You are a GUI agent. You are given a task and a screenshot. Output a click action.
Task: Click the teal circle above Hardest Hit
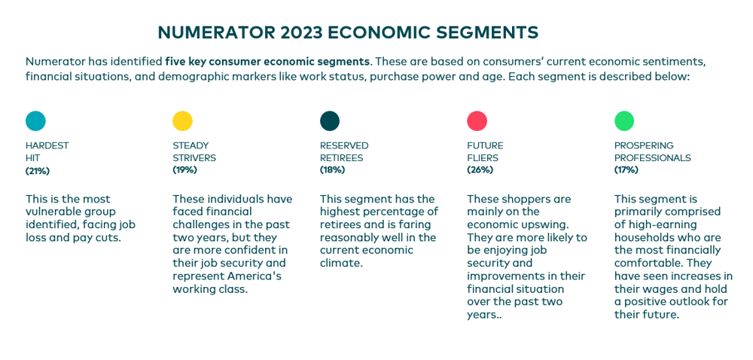click(35, 121)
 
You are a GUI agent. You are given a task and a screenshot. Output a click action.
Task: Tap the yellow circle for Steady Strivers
click(182, 121)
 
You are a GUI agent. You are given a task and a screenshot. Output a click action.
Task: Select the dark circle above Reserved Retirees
click(330, 121)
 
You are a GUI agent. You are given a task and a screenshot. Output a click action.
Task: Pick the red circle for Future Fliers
click(477, 121)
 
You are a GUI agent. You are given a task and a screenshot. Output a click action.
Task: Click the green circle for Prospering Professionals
click(624, 121)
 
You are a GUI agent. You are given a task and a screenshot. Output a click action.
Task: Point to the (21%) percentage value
click(38, 171)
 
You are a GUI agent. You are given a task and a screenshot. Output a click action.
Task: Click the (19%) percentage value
click(184, 170)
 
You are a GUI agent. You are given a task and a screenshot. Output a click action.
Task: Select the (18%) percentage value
click(332, 170)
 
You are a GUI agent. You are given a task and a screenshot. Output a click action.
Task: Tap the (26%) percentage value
click(479, 170)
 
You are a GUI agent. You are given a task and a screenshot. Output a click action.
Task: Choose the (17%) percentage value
click(626, 170)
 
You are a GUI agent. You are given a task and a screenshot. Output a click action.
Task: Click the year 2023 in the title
click(301, 32)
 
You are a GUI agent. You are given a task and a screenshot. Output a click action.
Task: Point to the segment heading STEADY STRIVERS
click(194, 151)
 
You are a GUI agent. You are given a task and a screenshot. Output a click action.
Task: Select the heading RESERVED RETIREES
click(343, 151)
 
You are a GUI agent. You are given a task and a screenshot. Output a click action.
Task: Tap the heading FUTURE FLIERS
click(485, 151)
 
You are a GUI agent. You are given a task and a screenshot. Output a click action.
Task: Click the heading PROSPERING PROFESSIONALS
click(652, 151)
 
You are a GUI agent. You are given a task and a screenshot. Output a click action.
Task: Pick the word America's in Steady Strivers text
click(255, 276)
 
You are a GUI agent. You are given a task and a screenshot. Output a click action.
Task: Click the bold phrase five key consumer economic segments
click(267, 61)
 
